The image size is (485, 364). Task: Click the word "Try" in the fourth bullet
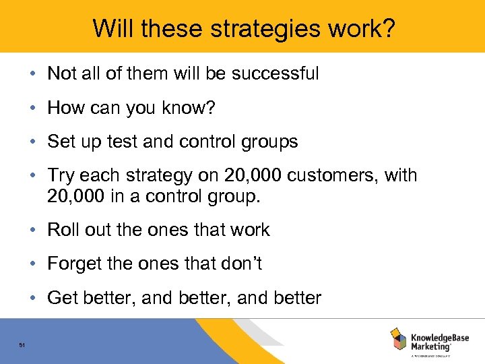[x=61, y=176]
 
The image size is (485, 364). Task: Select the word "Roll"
[x=62, y=230]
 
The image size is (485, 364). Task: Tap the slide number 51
[x=22, y=345]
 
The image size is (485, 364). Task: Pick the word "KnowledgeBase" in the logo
[x=439, y=335]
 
